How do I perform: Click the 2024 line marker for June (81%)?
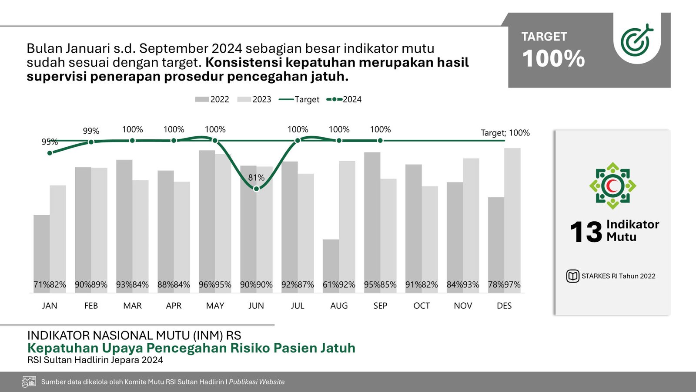click(x=256, y=189)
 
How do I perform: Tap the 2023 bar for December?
click(x=512, y=218)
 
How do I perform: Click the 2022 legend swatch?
click(x=202, y=99)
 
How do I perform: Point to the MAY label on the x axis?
click(x=215, y=306)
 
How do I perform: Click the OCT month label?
click(x=422, y=306)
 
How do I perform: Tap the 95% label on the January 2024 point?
click(x=50, y=142)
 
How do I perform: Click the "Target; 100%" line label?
click(x=505, y=133)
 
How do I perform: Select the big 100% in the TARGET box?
click(x=553, y=59)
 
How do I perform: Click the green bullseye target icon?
click(x=637, y=41)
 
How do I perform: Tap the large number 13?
click(x=586, y=232)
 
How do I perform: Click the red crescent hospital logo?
click(x=613, y=186)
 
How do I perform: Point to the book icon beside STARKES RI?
click(x=572, y=276)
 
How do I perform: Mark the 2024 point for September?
click(x=380, y=141)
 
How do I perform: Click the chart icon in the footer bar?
click(x=29, y=382)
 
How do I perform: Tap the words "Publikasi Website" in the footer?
click(x=257, y=382)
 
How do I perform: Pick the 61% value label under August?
click(x=331, y=285)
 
